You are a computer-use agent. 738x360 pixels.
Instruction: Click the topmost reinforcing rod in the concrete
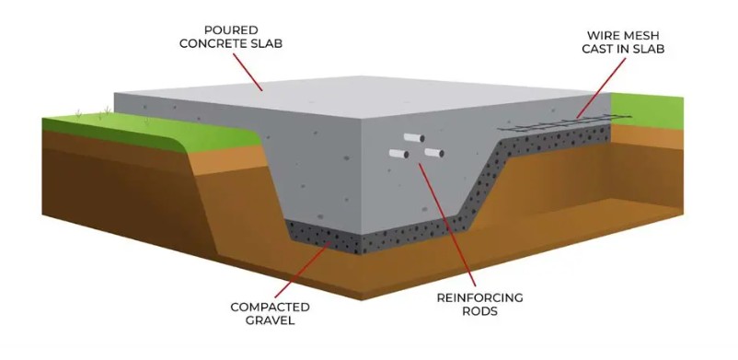point(412,138)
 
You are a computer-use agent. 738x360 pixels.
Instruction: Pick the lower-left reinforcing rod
point(398,153)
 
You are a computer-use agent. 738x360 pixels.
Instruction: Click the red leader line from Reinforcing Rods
point(451,221)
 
